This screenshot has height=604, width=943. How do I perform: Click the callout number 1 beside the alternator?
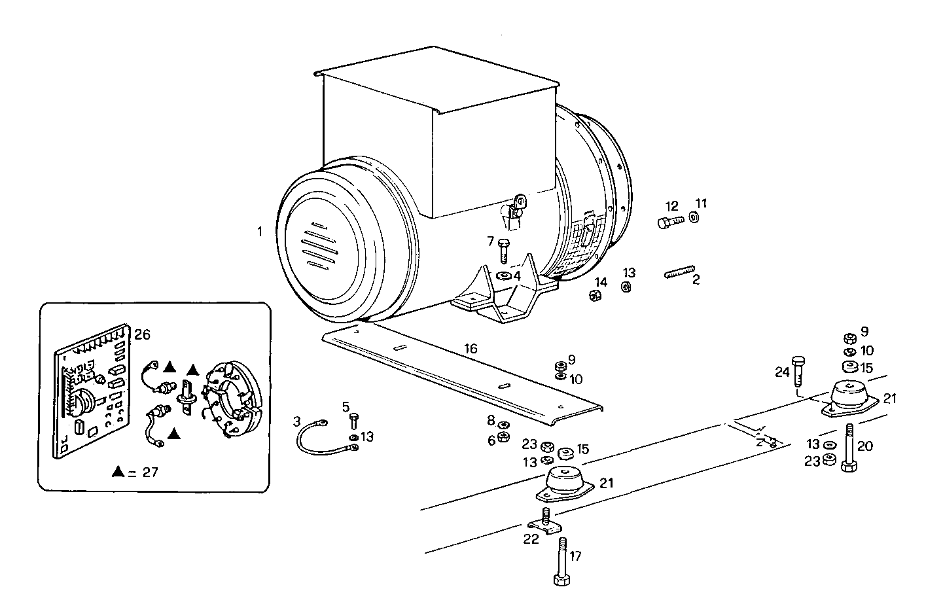(260, 232)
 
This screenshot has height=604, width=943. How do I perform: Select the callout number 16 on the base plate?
(471, 349)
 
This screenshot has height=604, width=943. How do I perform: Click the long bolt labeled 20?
(849, 448)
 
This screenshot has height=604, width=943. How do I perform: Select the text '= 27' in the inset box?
(144, 472)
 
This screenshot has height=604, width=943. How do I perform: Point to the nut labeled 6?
(503, 438)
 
